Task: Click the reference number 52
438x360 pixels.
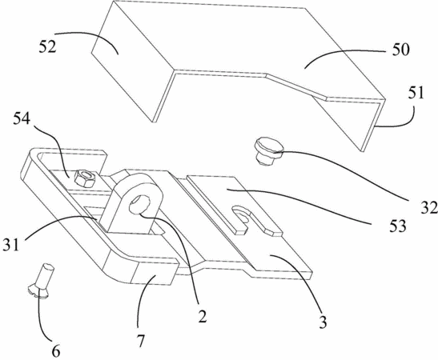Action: pyautogui.click(x=47, y=47)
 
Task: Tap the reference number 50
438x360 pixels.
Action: pyautogui.click(x=400, y=50)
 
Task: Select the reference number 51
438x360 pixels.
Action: pyautogui.click(x=416, y=93)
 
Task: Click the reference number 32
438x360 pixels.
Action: pyautogui.click(x=429, y=208)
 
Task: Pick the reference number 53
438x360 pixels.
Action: pyautogui.click(x=398, y=226)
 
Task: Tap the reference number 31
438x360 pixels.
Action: pyautogui.click(x=11, y=245)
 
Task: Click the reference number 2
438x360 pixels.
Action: pyautogui.click(x=203, y=317)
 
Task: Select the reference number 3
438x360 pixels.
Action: pyautogui.click(x=323, y=322)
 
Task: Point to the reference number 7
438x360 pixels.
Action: pyautogui.click(x=140, y=341)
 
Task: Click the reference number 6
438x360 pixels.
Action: pyautogui.click(x=56, y=351)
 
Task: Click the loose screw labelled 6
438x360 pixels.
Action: pyautogui.click(x=42, y=281)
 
